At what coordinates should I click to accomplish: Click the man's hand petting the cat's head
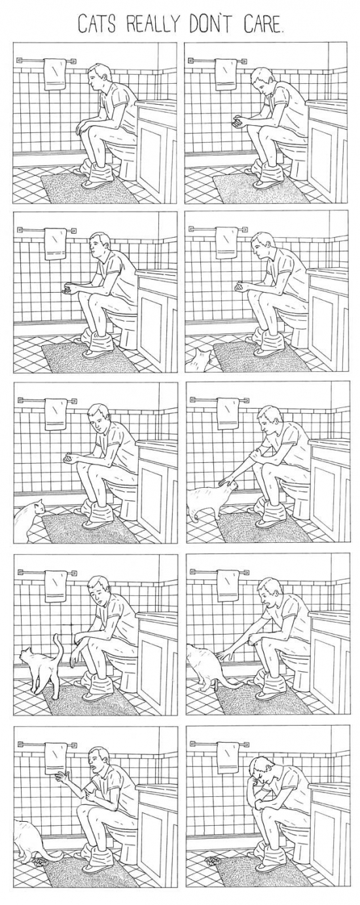226,481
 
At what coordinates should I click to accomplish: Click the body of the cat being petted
206,502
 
